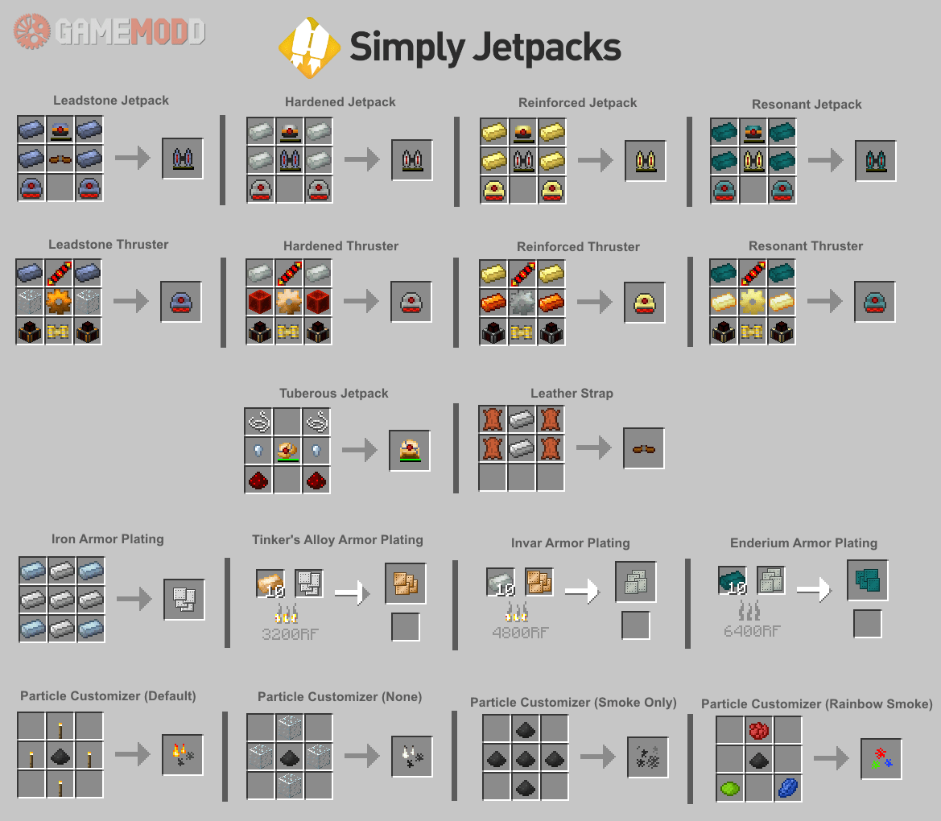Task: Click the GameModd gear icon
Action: pos(32,31)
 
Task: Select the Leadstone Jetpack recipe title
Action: pos(111,101)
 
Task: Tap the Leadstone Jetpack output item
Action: pos(183,159)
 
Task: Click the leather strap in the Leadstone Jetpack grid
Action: pos(60,159)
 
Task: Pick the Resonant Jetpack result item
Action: pos(876,160)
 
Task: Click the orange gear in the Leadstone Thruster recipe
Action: pos(60,302)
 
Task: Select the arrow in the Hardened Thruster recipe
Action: pos(361,302)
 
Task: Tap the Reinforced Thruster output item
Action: pos(645,303)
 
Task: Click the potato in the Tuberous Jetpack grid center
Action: pos(288,451)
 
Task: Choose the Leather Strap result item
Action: pos(644,449)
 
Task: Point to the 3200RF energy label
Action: pos(290,633)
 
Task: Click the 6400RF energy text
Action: pos(751,631)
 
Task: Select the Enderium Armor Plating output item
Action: pos(867,580)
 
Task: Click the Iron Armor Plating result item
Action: pos(184,600)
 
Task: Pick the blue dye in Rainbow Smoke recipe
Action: pos(787,787)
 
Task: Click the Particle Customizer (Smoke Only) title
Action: pos(573,702)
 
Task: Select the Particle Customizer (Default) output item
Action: pos(183,755)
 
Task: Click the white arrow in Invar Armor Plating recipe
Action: pos(582,592)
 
